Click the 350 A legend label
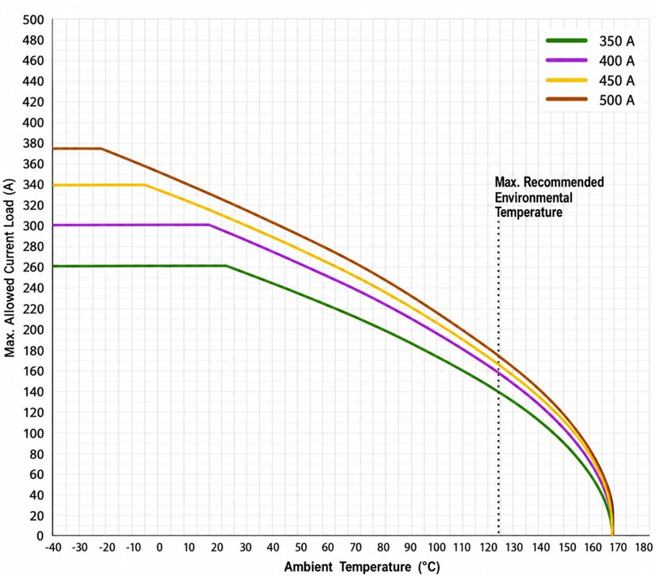point(616,41)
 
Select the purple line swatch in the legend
point(566,61)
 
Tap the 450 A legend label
point(616,80)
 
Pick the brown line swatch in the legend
point(566,100)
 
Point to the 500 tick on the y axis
point(33,20)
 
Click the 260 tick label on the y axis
point(33,267)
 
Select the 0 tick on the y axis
point(40,536)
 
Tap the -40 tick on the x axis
point(53,548)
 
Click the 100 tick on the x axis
point(437,548)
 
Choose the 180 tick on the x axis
point(643,548)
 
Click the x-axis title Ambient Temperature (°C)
point(362,567)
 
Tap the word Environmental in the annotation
point(533,197)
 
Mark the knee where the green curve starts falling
point(227,266)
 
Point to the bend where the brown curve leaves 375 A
point(101,148)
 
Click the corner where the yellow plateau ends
point(145,184)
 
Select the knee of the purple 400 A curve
point(209,225)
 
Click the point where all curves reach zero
point(612,535)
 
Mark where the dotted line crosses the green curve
point(498,392)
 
